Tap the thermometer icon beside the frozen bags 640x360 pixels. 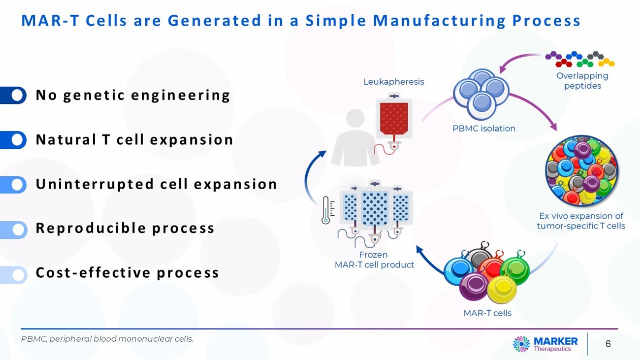(326, 210)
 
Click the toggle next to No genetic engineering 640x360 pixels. (14, 95)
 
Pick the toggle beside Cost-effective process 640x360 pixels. (14, 274)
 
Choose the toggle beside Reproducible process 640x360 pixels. (14, 229)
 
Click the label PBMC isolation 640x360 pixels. (483, 129)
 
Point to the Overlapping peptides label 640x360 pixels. (582, 81)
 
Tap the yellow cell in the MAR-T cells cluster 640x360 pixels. (501, 289)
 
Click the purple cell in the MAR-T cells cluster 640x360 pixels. (473, 286)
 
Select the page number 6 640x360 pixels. (608, 344)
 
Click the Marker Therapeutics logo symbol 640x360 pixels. (521, 344)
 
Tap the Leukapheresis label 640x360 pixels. (393, 82)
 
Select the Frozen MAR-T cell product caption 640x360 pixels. (374, 260)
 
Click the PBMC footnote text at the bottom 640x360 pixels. (107, 339)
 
